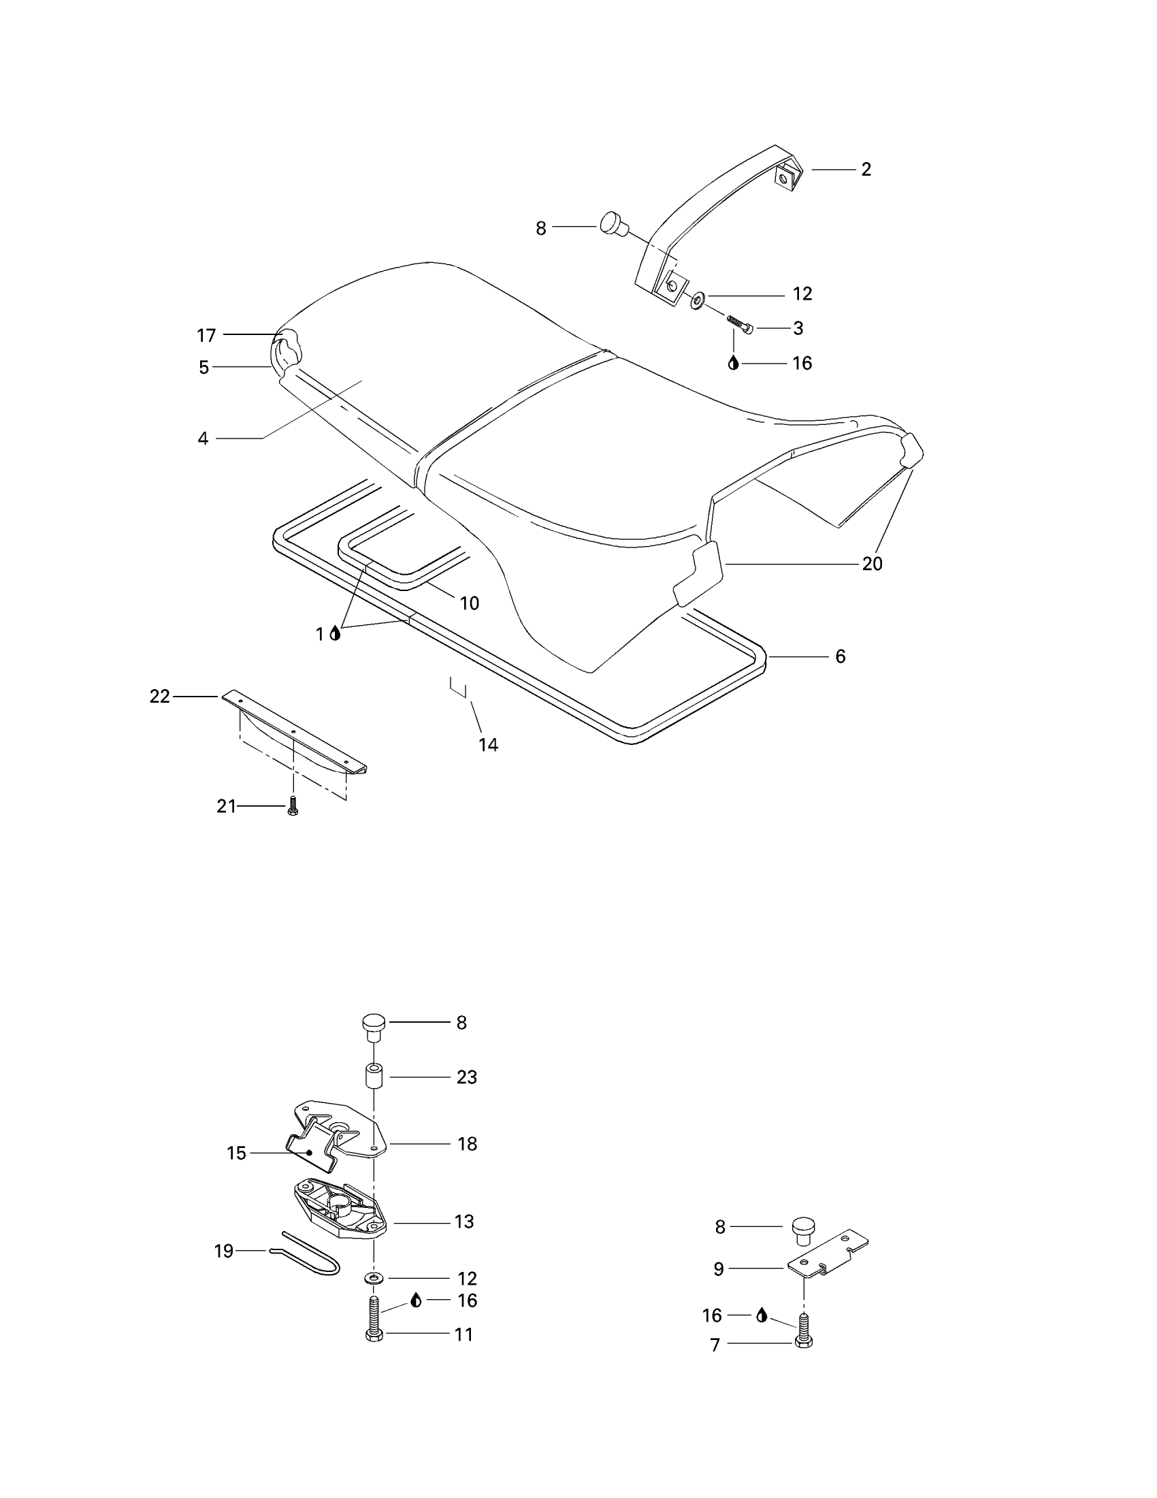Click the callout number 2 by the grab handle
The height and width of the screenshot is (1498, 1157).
click(866, 170)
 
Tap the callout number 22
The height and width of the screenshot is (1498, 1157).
click(160, 696)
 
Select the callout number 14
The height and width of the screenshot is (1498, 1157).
click(488, 744)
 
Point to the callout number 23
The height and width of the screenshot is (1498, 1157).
click(467, 1077)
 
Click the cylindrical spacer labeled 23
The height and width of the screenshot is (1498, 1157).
click(374, 1075)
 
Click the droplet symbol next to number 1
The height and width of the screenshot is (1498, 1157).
click(335, 633)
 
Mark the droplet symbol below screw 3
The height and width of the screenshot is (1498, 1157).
click(734, 363)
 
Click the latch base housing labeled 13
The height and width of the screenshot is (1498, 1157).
click(340, 1217)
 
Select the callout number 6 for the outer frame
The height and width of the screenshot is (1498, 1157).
click(841, 656)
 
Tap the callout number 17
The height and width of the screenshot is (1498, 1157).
click(206, 336)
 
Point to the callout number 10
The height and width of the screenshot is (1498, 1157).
click(469, 603)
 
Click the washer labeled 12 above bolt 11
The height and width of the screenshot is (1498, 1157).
click(374, 1278)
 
